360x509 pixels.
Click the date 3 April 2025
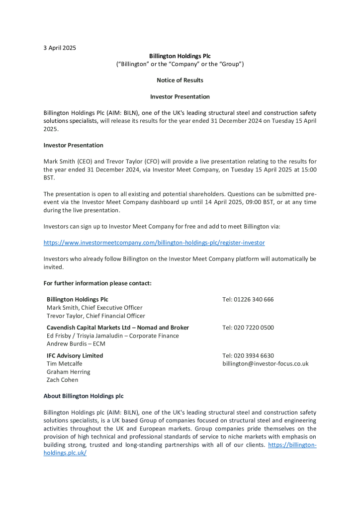60,48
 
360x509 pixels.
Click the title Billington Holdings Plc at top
180,56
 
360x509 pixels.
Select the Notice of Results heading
180,80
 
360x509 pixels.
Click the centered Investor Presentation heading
180,96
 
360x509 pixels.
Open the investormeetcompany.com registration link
154,243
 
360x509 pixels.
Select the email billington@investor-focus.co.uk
265,363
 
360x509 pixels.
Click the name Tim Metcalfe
65,363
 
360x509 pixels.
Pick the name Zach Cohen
62,380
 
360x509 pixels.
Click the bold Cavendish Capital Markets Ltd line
118,328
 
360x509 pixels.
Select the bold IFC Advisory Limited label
75,355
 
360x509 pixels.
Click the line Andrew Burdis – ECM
76,343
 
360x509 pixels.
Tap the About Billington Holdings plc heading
84,396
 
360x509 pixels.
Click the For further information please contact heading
97,283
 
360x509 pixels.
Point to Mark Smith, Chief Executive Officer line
94,308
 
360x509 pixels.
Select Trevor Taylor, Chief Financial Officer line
96,316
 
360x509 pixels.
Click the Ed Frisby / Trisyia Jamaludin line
113,336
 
